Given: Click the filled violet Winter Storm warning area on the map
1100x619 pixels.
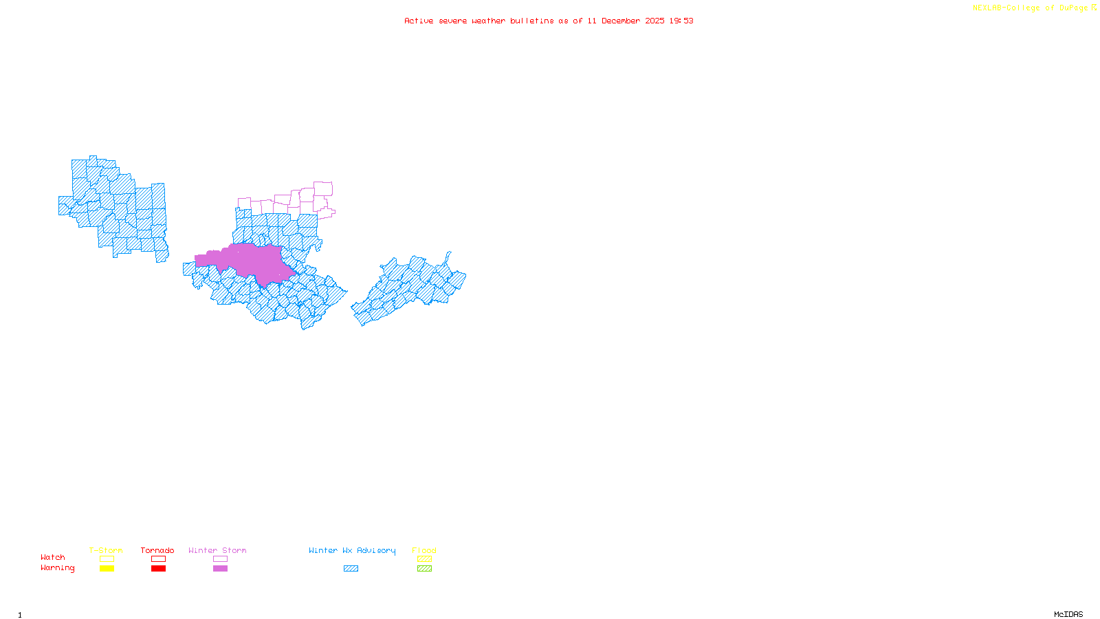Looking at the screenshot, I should pos(247,262).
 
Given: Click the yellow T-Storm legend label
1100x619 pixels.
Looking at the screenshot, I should pos(106,550).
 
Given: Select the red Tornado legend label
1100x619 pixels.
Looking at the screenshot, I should pos(157,550).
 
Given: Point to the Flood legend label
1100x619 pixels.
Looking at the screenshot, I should pos(424,550).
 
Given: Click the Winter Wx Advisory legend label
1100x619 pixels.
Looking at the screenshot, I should pos(352,550).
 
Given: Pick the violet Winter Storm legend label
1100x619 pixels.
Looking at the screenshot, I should pos(217,550).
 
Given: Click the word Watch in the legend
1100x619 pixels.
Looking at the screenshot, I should pos(53,557).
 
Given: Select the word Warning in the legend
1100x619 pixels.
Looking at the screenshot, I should pos(58,568).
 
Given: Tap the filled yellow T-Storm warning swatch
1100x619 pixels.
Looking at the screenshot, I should pos(107,569).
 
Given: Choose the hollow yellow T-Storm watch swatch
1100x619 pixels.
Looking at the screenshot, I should pos(107,559).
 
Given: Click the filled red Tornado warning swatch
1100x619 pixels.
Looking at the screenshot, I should pos(159,569).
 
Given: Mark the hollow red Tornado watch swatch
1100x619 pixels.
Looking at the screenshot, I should pos(159,559).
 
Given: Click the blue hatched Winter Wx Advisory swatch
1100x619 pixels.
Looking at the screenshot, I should pos(351,569).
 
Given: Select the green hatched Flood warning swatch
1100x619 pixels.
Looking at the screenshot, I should pos(425,569).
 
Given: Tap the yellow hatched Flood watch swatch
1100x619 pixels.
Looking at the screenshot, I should pos(425,559).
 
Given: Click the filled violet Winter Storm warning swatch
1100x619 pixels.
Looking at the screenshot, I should pos(221,569).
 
